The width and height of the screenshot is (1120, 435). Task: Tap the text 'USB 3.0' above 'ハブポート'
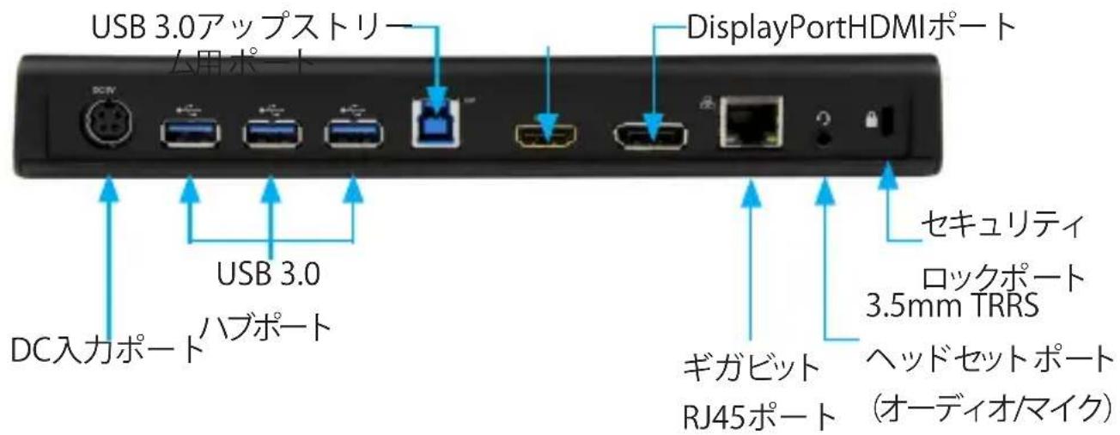pyautogui.click(x=270, y=276)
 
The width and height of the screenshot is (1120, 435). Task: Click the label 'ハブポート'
pyautogui.click(x=267, y=327)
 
